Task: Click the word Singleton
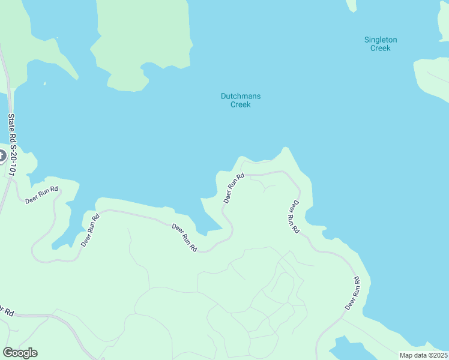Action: coord(381,40)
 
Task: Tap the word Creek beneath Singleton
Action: coord(381,48)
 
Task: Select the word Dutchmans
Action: coord(241,96)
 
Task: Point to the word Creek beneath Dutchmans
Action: coord(241,104)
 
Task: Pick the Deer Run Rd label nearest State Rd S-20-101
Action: coord(41,195)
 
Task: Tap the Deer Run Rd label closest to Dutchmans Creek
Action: coord(234,188)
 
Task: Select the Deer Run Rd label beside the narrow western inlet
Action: coord(89,229)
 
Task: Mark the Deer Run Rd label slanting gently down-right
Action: coord(184,237)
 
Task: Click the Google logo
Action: coord(20,353)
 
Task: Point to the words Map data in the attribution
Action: coord(414,355)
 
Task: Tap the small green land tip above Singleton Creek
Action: coord(352,5)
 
